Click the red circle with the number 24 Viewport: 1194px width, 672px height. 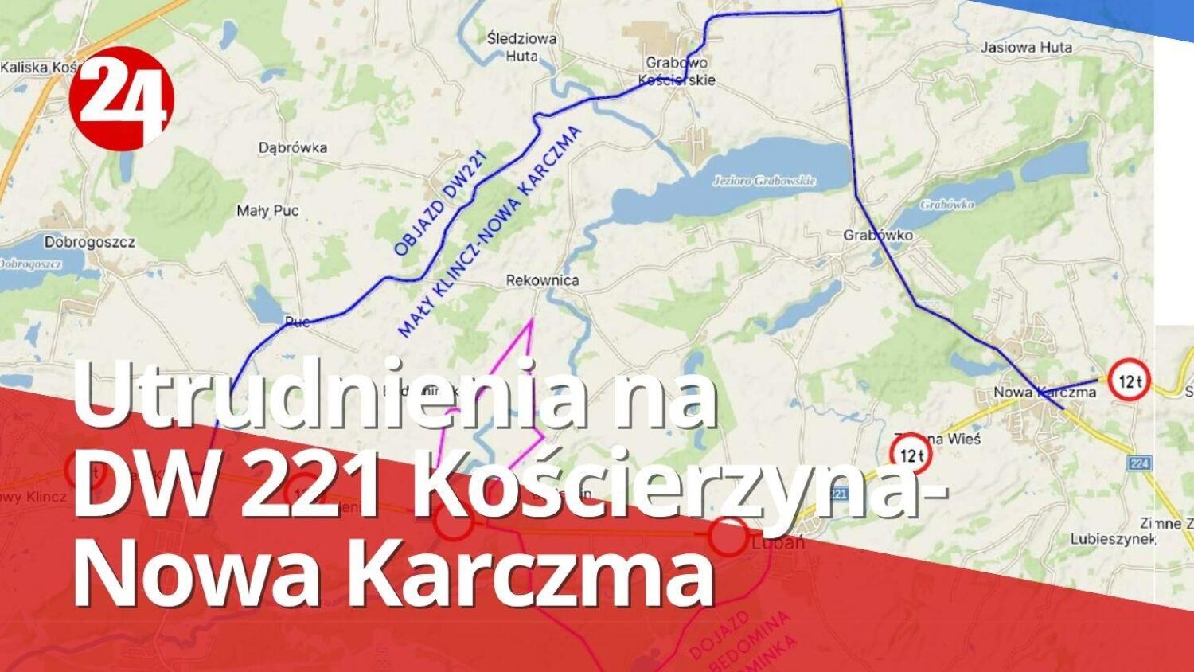coord(121,97)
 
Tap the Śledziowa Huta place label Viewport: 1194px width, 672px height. coord(521,47)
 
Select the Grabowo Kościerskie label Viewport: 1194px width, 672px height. coord(677,71)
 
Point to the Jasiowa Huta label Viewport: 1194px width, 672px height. coord(1026,47)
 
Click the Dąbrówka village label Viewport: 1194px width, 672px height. coord(293,147)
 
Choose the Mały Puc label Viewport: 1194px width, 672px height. coord(268,211)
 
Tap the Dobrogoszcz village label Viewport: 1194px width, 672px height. coord(90,242)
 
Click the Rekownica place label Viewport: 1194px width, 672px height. coord(542,280)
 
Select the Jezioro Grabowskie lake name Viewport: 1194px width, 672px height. coord(764,181)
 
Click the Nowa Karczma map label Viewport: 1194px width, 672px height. coord(1044,392)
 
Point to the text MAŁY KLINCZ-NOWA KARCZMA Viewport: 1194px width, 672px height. coord(490,232)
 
